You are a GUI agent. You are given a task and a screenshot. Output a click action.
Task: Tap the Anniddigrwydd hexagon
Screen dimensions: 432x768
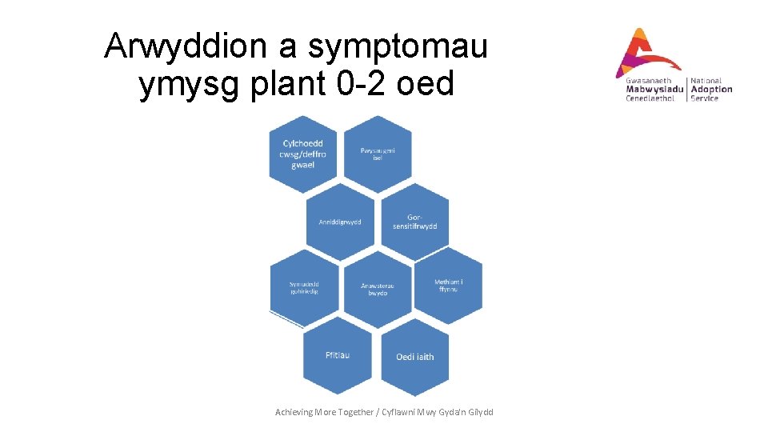(x=340, y=222)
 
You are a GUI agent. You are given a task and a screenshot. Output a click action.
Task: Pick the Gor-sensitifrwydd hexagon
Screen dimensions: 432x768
(x=414, y=222)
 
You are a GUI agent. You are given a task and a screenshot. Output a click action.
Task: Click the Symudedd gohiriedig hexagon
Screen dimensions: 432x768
(x=303, y=288)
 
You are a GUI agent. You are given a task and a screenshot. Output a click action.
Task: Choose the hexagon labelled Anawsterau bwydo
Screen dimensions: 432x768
(x=377, y=289)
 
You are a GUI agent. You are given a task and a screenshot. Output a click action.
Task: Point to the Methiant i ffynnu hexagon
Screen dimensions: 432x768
(x=449, y=286)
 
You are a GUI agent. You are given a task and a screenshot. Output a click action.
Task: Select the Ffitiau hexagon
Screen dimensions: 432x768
(x=338, y=355)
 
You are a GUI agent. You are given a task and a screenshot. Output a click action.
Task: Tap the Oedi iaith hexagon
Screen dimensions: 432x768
(x=414, y=357)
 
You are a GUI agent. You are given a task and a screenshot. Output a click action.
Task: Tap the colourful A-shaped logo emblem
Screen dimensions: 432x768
(x=644, y=52)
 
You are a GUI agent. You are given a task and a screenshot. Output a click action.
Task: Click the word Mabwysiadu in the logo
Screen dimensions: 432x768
(x=654, y=90)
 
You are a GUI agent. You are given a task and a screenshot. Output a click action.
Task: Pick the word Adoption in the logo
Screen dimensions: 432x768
(x=711, y=90)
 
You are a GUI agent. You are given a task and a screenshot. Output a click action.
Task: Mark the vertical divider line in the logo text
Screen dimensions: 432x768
(x=686, y=89)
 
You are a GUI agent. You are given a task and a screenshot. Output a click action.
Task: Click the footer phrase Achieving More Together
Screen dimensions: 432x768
(x=324, y=412)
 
